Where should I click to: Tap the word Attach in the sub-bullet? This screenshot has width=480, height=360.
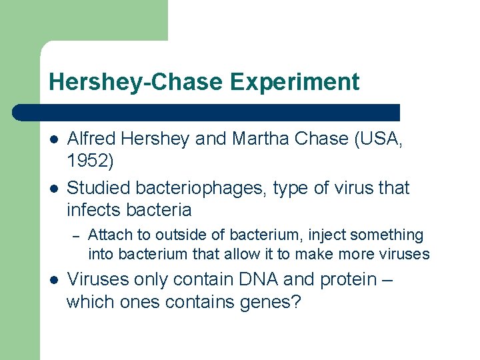coord(109,235)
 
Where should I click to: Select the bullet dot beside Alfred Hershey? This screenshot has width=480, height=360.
coord(53,139)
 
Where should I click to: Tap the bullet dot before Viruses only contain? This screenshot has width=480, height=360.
coord(53,280)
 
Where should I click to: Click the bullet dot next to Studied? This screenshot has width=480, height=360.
coord(53,189)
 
